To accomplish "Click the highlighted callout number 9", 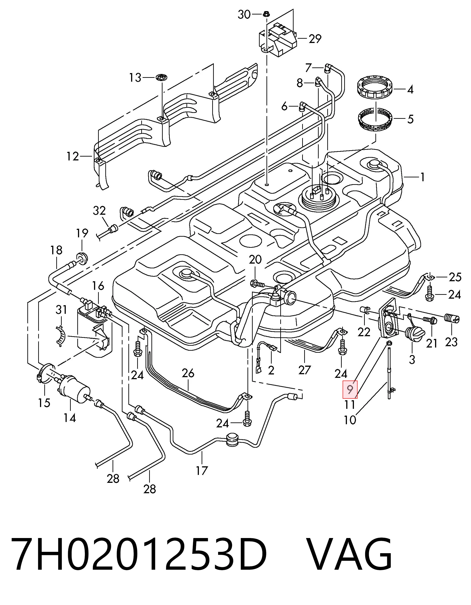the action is tap(350, 390).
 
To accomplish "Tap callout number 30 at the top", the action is tap(244, 14).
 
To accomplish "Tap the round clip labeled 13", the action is tap(162, 78).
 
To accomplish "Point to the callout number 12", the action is tap(73, 157).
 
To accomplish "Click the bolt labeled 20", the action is tap(258, 284).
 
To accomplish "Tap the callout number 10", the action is tap(350, 420).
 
